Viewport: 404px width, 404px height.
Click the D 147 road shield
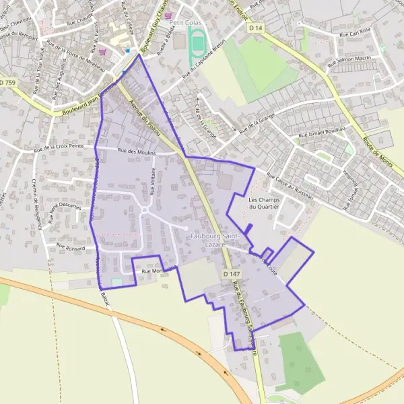(x=230, y=274)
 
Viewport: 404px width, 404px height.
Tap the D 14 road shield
(x=255, y=28)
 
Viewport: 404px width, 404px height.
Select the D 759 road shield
(x=7, y=82)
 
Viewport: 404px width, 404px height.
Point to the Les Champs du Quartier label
(x=264, y=203)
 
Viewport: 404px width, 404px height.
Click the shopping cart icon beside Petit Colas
(x=168, y=15)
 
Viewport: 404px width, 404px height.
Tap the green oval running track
(x=197, y=44)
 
